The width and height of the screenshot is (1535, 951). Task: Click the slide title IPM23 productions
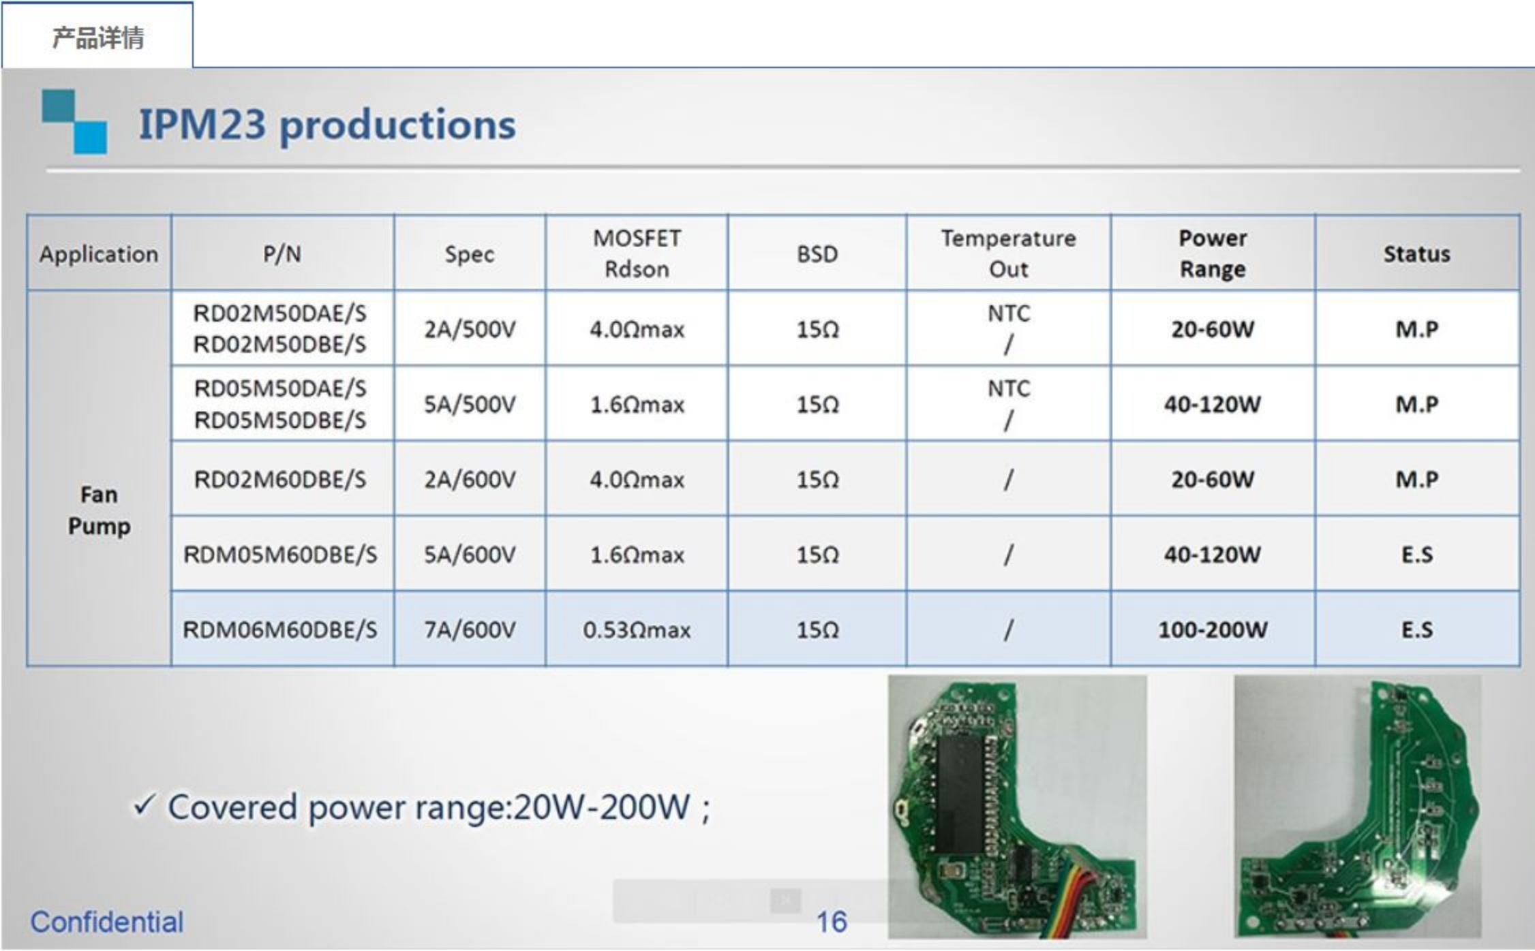(327, 125)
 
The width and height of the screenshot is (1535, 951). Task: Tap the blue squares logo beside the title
(75, 122)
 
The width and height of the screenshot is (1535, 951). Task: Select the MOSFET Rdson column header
(636, 253)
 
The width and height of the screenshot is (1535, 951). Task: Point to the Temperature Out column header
(1008, 253)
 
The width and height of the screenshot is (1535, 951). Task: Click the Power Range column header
(1213, 253)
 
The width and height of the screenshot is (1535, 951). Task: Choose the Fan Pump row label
(99, 510)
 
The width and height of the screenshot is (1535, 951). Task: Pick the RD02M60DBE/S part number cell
(280, 480)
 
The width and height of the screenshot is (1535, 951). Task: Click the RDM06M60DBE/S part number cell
(280, 629)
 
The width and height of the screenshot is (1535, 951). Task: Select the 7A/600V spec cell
(470, 629)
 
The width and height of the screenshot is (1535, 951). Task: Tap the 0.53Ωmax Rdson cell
(636, 629)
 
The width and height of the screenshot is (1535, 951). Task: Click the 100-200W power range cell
(1213, 629)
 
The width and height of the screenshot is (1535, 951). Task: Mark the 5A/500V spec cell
(470, 405)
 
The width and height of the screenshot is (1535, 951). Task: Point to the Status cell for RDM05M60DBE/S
(1416, 555)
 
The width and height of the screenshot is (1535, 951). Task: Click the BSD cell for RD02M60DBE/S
(817, 480)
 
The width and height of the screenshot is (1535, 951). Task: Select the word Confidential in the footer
(107, 922)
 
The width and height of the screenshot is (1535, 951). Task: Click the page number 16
(832, 922)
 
